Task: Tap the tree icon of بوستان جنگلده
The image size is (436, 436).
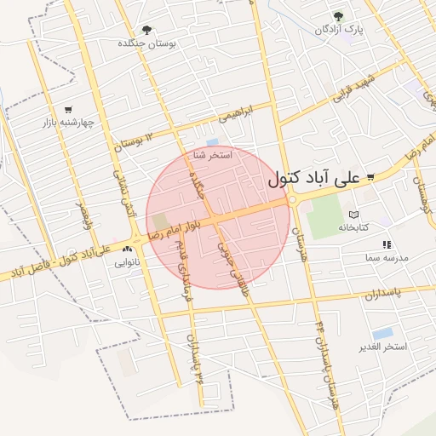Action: click(x=148, y=30)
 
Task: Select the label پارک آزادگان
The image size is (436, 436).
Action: click(x=339, y=30)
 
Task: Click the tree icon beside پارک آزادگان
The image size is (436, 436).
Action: click(x=339, y=16)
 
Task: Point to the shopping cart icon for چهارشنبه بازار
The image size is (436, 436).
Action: click(x=68, y=109)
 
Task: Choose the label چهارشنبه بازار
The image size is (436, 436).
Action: click(x=68, y=123)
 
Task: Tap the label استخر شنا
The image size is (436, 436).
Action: click(x=213, y=156)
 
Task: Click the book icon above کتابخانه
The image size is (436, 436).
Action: click(x=354, y=215)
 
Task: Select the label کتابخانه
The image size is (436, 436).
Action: click(x=355, y=227)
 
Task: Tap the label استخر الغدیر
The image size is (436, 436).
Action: click(x=384, y=347)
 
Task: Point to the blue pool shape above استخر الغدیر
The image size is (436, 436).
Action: click(x=383, y=333)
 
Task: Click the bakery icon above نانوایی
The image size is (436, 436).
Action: click(x=127, y=250)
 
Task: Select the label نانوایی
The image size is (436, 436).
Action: click(x=127, y=263)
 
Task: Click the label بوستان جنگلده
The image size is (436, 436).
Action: click(x=152, y=43)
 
